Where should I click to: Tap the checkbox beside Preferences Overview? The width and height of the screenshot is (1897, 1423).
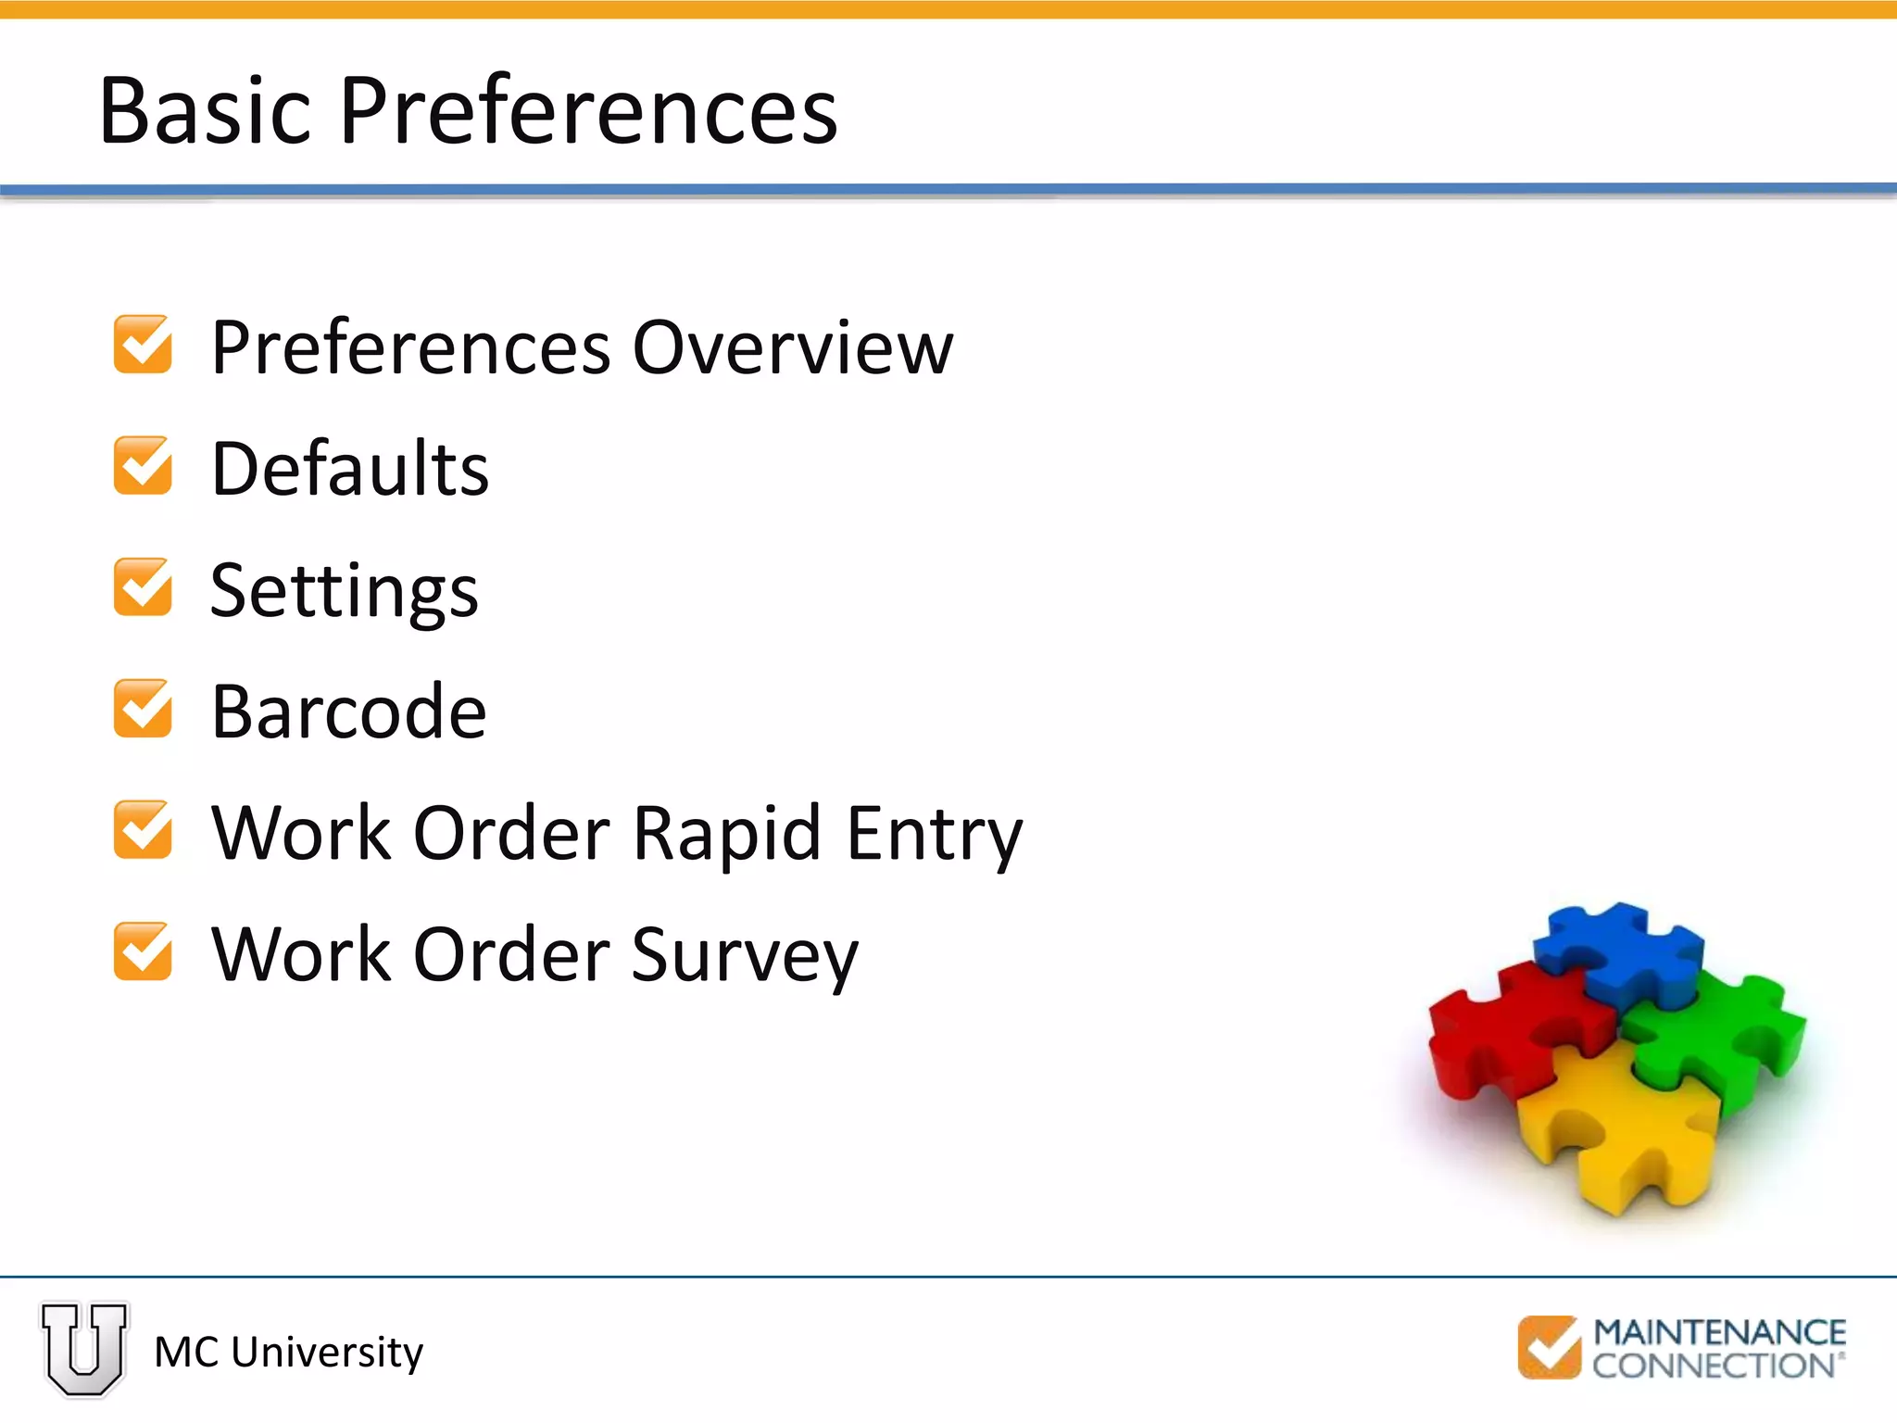click(143, 345)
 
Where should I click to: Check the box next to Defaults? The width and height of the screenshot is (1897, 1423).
click(143, 466)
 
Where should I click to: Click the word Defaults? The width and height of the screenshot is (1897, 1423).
click(350, 469)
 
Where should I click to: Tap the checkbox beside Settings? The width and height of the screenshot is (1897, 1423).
click(143, 587)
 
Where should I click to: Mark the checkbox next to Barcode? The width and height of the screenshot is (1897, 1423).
click(143, 709)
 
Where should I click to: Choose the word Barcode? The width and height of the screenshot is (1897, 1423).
click(349, 711)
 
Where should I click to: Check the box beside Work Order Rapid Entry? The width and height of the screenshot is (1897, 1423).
click(143, 830)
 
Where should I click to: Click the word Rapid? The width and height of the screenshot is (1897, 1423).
click(726, 834)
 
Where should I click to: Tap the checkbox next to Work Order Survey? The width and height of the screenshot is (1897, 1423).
click(143, 951)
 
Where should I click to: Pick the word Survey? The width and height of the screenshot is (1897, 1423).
click(745, 956)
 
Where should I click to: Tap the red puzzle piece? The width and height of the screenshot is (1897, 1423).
click(1510, 1028)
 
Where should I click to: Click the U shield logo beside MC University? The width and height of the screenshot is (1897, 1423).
click(84, 1349)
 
